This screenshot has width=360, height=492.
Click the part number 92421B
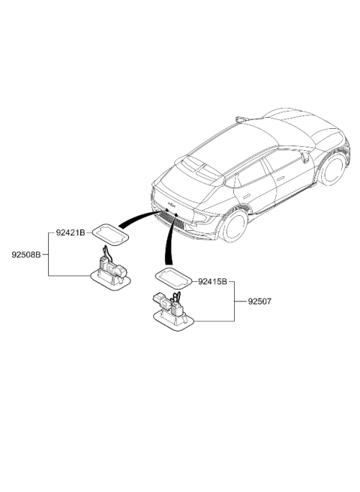70,232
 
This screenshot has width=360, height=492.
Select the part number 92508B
26,255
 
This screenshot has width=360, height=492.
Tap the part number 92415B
212,282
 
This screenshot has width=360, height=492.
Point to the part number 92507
259,301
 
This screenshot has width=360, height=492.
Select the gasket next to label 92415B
173,278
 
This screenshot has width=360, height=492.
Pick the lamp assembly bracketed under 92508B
111,272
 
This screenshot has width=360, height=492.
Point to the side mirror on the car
305,156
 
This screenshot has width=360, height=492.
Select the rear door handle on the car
247,196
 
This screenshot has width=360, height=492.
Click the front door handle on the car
280,178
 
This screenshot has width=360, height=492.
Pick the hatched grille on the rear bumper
173,219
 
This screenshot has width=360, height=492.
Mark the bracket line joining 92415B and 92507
235,301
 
